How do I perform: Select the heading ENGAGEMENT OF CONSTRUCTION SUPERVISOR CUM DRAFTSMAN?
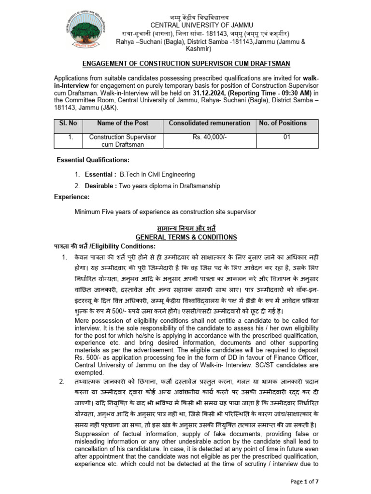click(x=185, y=64)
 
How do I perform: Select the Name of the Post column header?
click(x=122, y=123)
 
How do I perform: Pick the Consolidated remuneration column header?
click(x=209, y=123)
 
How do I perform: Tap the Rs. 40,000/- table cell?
click(x=209, y=137)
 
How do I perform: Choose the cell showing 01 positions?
click(x=286, y=137)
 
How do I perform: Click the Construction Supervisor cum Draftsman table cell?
click(x=122, y=141)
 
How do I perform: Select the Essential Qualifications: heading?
click(x=93, y=160)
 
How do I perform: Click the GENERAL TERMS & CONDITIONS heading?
click(x=186, y=237)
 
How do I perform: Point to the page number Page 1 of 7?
click(x=342, y=482)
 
